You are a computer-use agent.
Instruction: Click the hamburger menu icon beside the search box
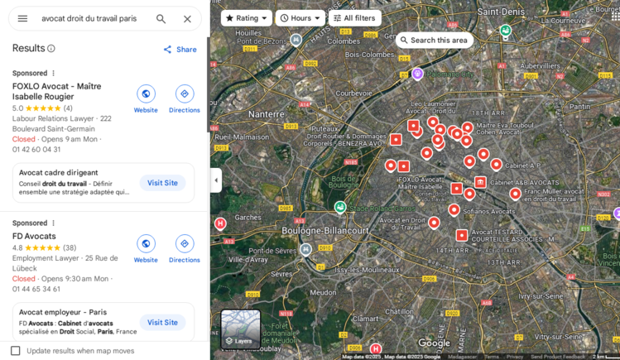click(22, 18)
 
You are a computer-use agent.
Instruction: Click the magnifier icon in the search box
click(161, 18)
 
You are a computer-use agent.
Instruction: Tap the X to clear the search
click(187, 18)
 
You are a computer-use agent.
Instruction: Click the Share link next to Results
click(180, 50)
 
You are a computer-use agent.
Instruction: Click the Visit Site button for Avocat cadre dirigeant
click(162, 183)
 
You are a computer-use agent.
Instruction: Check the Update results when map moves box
click(15, 351)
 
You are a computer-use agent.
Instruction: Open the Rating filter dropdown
click(247, 18)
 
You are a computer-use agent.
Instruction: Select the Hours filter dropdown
click(300, 18)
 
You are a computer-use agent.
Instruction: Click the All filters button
click(354, 18)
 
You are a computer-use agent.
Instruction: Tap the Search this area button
click(434, 40)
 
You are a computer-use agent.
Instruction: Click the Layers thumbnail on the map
click(240, 329)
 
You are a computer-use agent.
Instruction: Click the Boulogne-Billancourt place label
click(319, 231)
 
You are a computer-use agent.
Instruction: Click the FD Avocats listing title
click(34, 236)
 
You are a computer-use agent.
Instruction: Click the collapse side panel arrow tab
click(216, 180)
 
